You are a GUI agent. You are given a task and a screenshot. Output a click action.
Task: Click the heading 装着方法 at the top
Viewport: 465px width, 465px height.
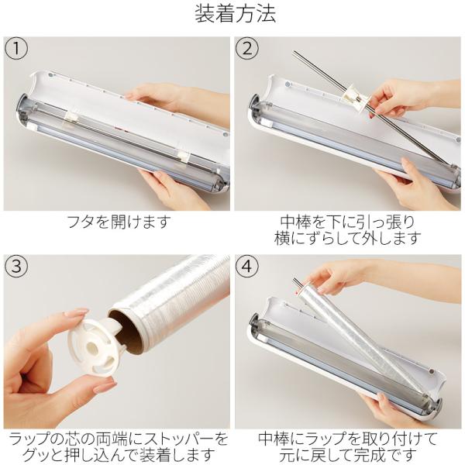click(x=235, y=14)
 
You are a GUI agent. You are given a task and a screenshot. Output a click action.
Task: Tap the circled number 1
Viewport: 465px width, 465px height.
click(x=16, y=48)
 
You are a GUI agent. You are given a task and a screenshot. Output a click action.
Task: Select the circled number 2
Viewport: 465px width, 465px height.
click(x=247, y=48)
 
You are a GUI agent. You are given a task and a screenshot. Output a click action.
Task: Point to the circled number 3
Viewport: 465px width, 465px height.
click(x=16, y=266)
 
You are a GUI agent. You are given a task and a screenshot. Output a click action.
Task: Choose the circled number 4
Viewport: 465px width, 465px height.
click(x=247, y=266)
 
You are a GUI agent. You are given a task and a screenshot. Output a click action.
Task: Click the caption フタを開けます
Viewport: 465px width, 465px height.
click(x=119, y=222)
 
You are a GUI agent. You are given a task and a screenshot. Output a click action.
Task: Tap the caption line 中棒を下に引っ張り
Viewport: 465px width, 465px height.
click(x=347, y=222)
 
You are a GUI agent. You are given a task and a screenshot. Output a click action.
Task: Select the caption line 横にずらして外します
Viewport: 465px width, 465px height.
click(x=347, y=238)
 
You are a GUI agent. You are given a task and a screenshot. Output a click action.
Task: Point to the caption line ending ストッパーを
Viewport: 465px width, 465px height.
click(x=119, y=439)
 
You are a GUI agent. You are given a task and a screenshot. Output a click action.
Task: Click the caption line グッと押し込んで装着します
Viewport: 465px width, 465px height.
click(x=119, y=455)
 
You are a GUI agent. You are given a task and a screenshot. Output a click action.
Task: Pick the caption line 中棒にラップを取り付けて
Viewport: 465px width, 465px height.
click(x=347, y=439)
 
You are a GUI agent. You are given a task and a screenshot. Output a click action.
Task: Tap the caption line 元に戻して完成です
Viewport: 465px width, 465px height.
click(x=347, y=455)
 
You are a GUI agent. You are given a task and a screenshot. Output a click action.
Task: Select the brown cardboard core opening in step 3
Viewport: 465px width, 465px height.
click(x=126, y=329)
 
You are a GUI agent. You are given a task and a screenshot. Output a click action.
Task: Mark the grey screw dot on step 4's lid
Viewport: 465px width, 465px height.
click(x=432, y=371)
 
